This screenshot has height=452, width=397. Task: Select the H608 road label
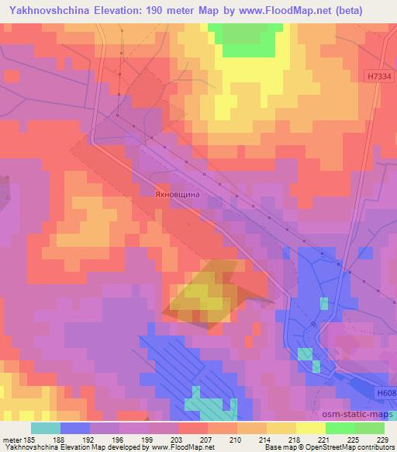[x=385, y=395]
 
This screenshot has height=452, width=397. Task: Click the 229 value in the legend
[x=381, y=440]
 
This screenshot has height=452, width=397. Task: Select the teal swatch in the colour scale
[x=45, y=428]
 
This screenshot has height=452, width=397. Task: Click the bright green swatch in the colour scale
[x=340, y=428]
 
